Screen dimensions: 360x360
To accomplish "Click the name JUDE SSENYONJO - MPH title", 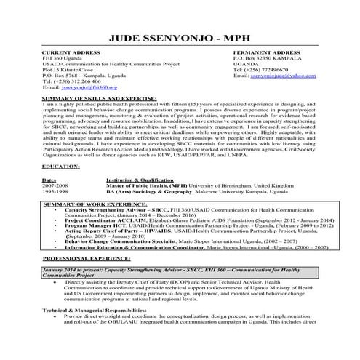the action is pos(180,36).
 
